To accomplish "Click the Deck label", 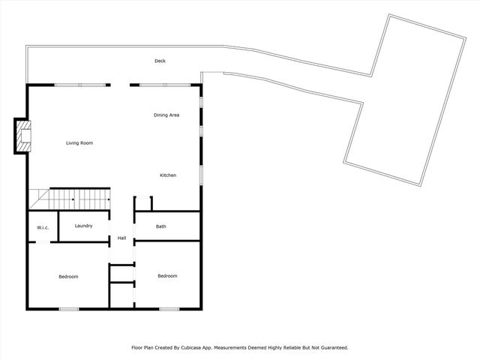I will [x=160, y=61].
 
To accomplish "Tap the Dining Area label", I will [x=166, y=115].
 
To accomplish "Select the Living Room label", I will [x=79, y=142].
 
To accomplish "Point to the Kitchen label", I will [x=168, y=175].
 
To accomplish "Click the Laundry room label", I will [x=83, y=226].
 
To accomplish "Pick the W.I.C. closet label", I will [x=43, y=228].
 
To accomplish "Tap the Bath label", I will [x=161, y=226].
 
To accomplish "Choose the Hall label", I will [x=121, y=238].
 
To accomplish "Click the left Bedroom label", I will [x=68, y=277].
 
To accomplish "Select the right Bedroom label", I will [x=167, y=276].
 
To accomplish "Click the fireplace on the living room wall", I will [x=22, y=136].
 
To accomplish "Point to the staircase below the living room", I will [x=75, y=199].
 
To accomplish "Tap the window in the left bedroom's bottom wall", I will [x=69, y=308].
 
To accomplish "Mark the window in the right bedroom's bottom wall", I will [x=169, y=308].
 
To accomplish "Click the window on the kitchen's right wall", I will [x=201, y=173].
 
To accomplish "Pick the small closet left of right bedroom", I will [x=121, y=293].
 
